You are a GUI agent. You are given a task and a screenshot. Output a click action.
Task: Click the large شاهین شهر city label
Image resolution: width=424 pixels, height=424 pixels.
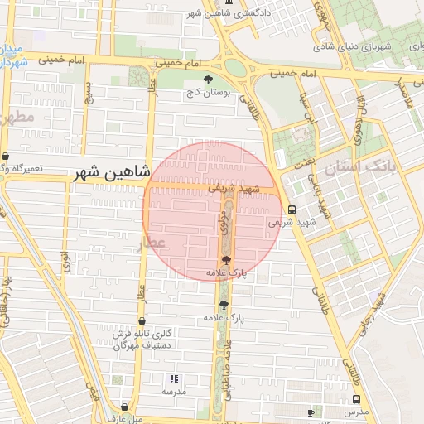[x=111, y=173]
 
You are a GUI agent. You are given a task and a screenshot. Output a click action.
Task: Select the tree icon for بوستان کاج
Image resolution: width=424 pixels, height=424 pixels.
[x=206, y=79]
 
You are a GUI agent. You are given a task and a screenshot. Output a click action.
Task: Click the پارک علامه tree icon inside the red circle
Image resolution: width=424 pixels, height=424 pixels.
[x=226, y=260]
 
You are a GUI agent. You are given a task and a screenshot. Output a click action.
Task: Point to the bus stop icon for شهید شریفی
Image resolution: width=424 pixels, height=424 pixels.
[x=291, y=210]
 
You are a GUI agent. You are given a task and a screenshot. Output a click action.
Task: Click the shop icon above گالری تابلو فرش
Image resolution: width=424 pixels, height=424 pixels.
[x=142, y=320]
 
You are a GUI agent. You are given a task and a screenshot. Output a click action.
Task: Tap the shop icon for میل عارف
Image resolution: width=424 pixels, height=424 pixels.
[x=125, y=407]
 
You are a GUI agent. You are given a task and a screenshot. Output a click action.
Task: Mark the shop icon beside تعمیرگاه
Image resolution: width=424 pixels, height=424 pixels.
[x=5, y=157]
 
